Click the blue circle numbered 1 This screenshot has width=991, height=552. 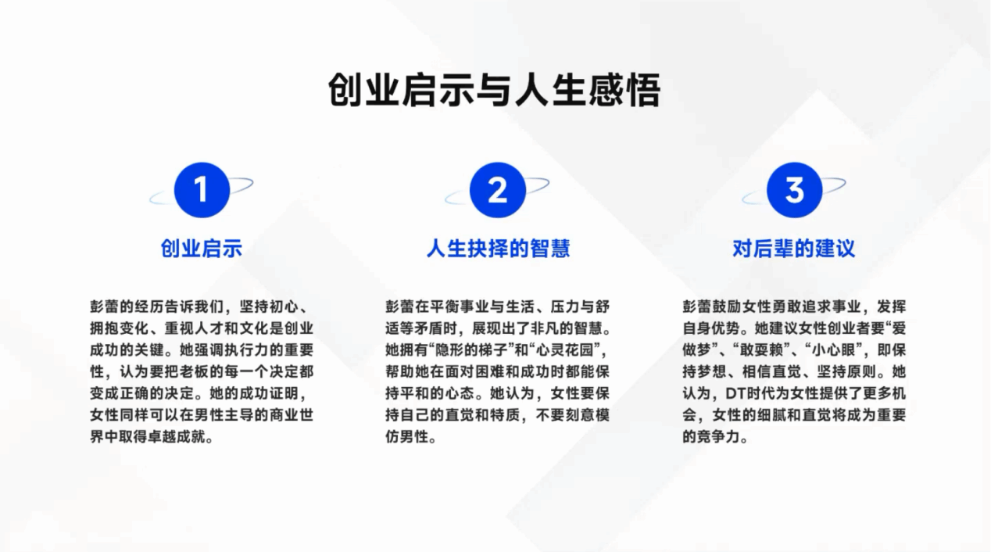pos(202,190)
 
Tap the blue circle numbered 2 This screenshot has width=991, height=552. pos(498,190)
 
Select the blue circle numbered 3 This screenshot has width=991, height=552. pos(795,190)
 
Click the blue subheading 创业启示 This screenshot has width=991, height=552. pos(202,249)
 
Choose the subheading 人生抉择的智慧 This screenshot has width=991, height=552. pos(498,249)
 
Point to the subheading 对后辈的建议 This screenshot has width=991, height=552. pos(794,249)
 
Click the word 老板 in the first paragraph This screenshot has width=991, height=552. pos(194,371)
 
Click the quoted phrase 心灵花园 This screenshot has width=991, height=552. pos(564,349)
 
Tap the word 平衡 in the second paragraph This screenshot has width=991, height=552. pos(445,306)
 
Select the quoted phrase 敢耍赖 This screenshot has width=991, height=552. pos(769,349)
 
